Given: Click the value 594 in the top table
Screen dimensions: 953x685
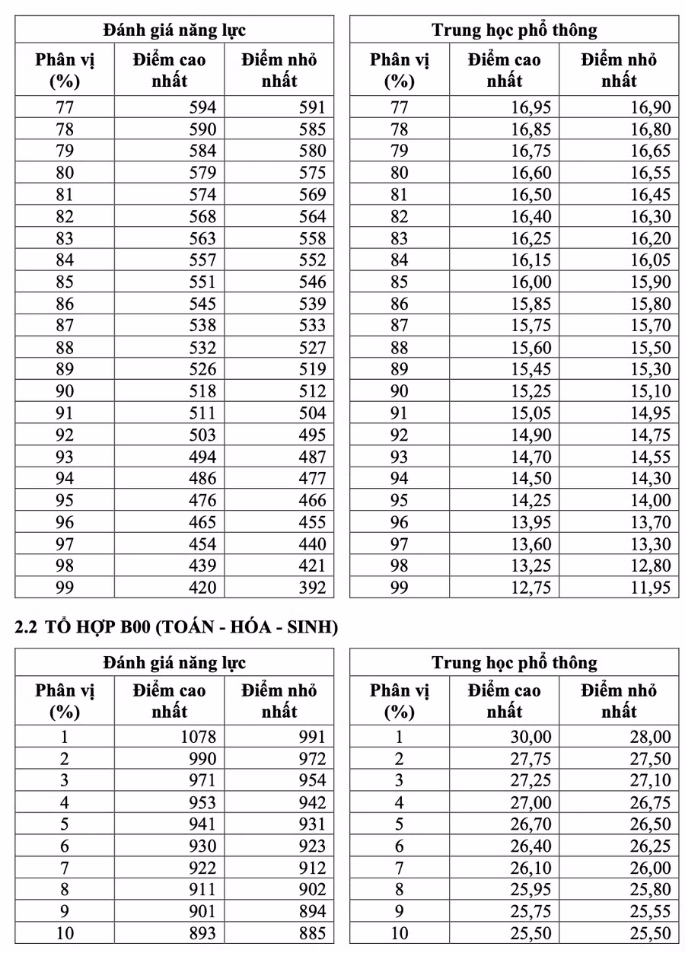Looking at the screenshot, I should (x=202, y=107).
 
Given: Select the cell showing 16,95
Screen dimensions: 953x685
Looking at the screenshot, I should (x=531, y=107).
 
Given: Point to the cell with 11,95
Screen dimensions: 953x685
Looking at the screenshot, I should (x=651, y=588).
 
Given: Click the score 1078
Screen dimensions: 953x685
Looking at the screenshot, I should (x=199, y=737).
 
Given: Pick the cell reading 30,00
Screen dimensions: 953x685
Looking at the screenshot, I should (x=531, y=737).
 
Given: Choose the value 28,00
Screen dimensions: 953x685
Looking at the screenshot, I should (x=651, y=737).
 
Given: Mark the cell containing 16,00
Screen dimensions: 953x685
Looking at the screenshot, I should (x=531, y=282).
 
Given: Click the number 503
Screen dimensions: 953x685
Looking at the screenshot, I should (x=202, y=435).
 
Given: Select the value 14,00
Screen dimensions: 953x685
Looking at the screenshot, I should (x=651, y=500).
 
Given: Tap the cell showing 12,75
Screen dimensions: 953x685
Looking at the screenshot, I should (x=531, y=588).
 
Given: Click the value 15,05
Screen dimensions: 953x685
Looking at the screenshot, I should (x=531, y=413).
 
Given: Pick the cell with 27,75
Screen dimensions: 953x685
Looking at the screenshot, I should (x=531, y=759).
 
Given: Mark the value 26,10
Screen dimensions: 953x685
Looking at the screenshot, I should (x=531, y=868).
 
